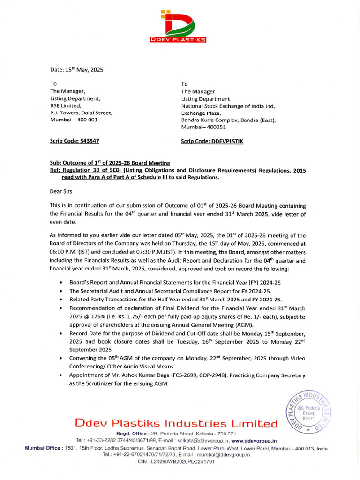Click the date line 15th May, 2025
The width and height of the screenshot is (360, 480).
[76, 70]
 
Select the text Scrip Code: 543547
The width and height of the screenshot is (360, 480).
[75, 141]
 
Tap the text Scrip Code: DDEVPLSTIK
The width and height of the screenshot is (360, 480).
[212, 141]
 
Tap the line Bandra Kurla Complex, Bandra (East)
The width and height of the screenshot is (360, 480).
[229, 120]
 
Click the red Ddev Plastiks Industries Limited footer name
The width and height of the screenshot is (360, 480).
[176, 424]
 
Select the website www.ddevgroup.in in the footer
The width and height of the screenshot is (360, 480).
[254, 441]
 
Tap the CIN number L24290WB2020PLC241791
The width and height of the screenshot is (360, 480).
[176, 462]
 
